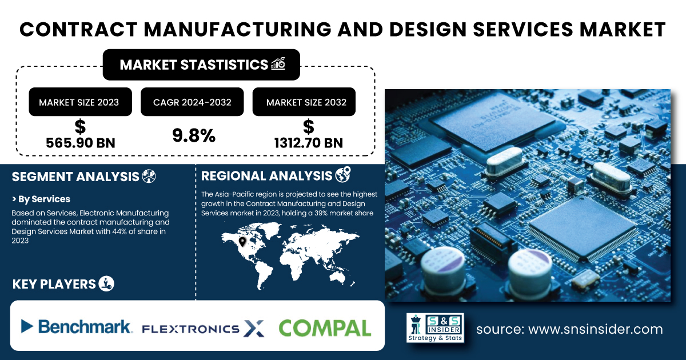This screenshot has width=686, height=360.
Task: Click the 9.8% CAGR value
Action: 194,135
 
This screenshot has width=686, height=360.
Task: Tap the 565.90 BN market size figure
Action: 81,143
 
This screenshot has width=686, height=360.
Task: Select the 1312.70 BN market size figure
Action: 308,143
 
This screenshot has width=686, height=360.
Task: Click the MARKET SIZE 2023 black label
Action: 80,102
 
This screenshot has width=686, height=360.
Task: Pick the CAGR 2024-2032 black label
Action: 192,102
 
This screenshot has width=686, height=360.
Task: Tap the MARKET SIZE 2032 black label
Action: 304,102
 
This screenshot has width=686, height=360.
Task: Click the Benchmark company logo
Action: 77,327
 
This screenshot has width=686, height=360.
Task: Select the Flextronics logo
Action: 203,329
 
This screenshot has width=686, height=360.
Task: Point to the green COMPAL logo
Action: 325,328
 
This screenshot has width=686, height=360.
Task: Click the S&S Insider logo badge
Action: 435,327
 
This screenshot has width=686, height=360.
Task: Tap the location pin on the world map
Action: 242,242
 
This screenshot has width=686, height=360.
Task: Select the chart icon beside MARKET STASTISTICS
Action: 278,63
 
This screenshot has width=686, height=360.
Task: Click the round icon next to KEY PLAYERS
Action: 106,283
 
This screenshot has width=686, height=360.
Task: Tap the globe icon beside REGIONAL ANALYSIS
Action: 343,174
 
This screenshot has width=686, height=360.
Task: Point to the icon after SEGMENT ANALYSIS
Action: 149,177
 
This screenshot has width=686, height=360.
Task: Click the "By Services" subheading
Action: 41,199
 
